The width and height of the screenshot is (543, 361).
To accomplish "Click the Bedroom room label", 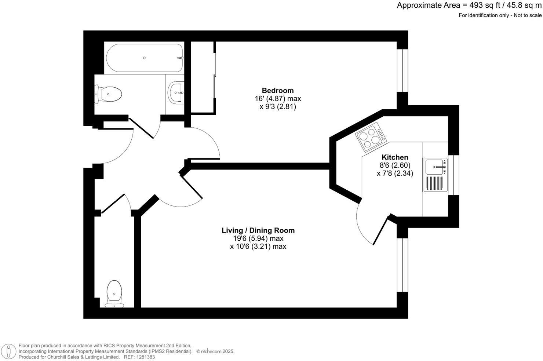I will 278,91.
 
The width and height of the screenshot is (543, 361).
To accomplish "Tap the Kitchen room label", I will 395,157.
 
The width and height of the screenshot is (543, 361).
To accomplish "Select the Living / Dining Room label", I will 258,230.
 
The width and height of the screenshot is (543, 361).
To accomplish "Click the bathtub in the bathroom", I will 144,58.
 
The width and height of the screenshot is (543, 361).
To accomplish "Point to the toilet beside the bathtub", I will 109,94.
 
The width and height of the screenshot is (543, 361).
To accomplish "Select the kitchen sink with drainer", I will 436,175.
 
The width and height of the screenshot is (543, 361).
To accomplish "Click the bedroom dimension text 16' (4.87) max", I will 278,99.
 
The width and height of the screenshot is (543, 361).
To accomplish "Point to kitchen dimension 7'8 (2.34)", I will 395,173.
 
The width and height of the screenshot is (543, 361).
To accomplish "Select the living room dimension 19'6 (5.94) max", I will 258,238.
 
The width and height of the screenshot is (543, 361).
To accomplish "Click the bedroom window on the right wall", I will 402,70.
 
